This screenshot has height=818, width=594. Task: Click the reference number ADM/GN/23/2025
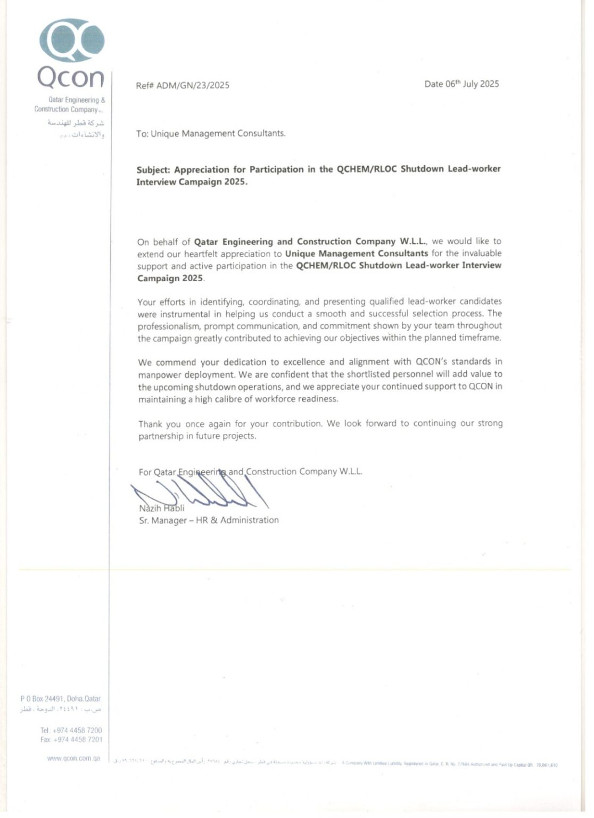pyautogui.click(x=193, y=85)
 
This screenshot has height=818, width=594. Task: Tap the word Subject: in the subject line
pyautogui.click(x=153, y=170)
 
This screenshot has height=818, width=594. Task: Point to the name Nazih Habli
pyautogui.click(x=162, y=508)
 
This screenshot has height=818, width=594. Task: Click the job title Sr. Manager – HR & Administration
pyautogui.click(x=209, y=520)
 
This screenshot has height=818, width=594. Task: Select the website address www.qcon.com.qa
pyautogui.click(x=73, y=758)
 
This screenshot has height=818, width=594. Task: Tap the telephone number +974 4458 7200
pyautogui.click(x=77, y=730)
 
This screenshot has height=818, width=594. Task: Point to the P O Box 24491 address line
pyautogui.click(x=60, y=699)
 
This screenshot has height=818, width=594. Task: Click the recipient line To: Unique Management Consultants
pyautogui.click(x=211, y=134)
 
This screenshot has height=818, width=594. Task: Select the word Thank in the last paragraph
pyautogui.click(x=150, y=424)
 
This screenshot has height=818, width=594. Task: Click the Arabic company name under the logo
pyautogui.click(x=76, y=128)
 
